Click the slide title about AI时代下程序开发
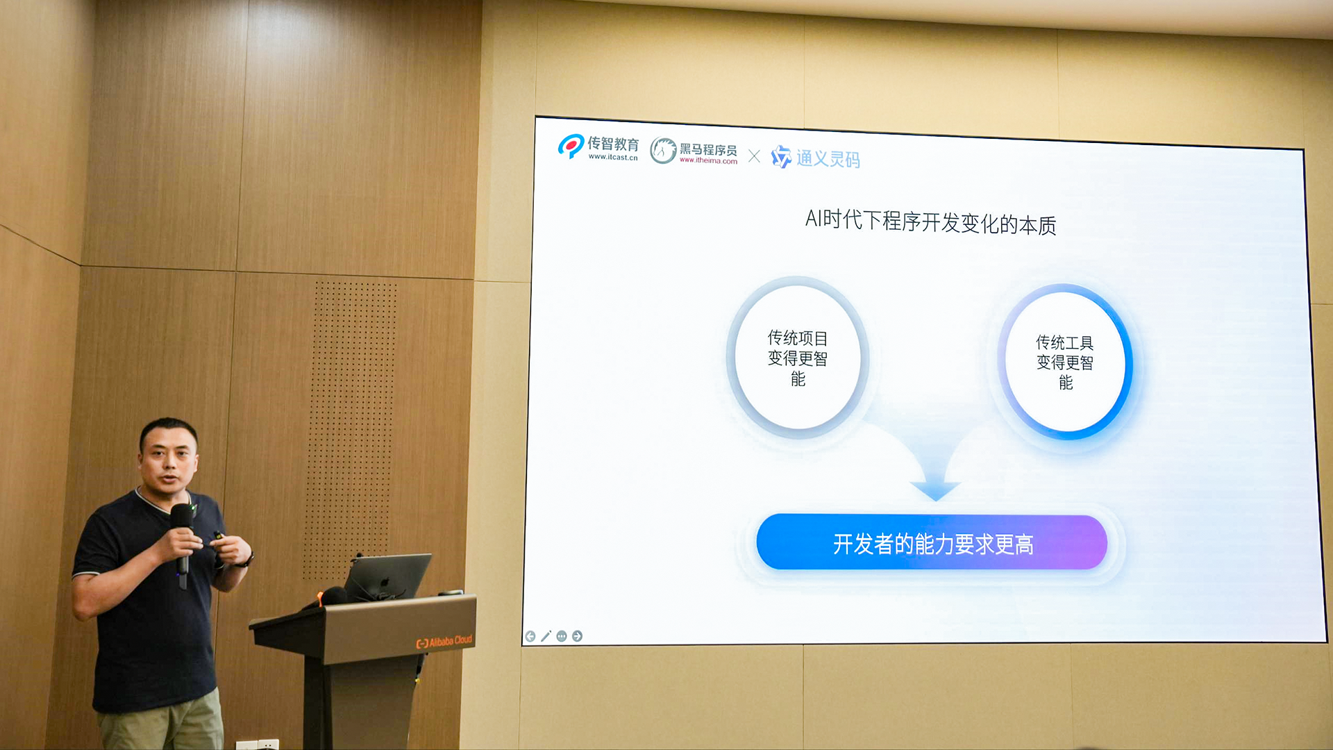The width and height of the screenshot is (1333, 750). point(930,222)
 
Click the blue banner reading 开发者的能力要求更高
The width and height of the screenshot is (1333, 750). point(932,542)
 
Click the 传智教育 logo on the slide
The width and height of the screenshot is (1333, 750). point(598,147)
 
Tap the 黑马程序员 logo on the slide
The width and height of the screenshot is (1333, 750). point(694,151)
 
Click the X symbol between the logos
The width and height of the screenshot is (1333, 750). point(754,156)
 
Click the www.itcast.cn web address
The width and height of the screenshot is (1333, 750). point(613,157)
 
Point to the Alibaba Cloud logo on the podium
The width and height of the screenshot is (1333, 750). point(444,642)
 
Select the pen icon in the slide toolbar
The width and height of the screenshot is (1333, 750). point(546,636)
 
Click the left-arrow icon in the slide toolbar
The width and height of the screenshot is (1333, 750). point(530,637)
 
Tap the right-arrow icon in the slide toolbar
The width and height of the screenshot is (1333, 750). point(577,636)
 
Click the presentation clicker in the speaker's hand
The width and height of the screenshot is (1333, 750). point(219,539)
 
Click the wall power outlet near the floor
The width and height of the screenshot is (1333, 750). point(258,744)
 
